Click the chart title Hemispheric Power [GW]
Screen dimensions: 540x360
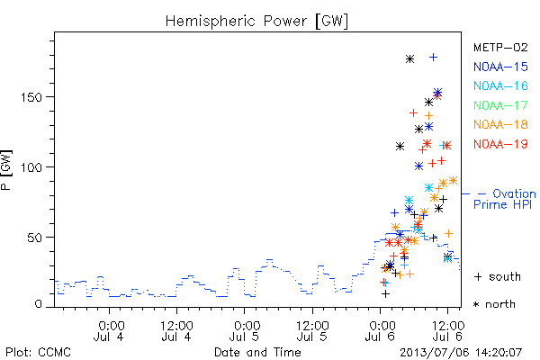[x=256, y=21]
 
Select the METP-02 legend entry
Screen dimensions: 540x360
[x=500, y=47]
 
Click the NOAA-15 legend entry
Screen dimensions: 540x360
[x=500, y=67]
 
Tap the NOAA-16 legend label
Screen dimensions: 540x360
[x=500, y=85]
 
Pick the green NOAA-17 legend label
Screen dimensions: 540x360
[x=500, y=105]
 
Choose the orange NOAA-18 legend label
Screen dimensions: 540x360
[x=500, y=124]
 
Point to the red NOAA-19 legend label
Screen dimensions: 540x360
[x=500, y=144]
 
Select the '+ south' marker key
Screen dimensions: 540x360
[x=498, y=276]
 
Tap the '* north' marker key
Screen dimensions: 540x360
[x=494, y=304]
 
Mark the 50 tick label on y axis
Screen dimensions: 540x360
[x=35, y=238]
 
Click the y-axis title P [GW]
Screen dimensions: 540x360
[x=6, y=170]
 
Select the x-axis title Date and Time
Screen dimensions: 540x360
[x=257, y=352]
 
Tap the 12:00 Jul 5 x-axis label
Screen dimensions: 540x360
[x=312, y=330]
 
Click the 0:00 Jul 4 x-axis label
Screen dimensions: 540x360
[x=110, y=330]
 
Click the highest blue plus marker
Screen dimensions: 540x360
[x=433, y=58]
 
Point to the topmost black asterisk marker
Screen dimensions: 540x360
[x=409, y=58]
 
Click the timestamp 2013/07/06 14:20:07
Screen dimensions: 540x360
[x=461, y=353]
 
